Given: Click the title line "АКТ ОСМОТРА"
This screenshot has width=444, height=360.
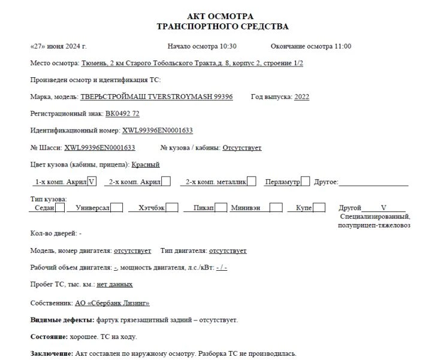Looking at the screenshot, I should point(222,16).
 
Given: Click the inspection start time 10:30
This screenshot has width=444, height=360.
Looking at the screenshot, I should point(227,46).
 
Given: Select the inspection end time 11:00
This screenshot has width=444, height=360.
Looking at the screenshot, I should point(342,46).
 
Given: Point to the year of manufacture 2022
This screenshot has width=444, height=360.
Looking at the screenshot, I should point(302,96).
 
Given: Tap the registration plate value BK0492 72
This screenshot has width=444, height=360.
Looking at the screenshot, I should point(122,113).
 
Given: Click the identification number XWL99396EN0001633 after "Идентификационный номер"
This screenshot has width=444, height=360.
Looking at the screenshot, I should point(158,130).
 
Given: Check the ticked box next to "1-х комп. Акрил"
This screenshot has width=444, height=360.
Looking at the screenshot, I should point(92,181).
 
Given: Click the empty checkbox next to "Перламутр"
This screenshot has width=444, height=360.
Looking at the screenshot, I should point(306,181).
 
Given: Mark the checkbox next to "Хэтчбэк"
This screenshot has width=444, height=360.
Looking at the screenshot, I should point(172,208).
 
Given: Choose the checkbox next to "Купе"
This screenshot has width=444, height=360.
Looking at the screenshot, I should point(319,208).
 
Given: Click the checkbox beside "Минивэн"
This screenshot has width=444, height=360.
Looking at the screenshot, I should point(276,208).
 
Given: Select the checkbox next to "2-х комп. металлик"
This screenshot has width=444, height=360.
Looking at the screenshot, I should point(252,181).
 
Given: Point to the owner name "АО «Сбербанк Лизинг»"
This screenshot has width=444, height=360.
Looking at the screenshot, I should point(112,303).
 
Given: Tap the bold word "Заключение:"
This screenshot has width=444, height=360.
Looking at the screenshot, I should point(52,353).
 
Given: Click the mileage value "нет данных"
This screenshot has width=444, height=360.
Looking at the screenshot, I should point(114,284).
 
